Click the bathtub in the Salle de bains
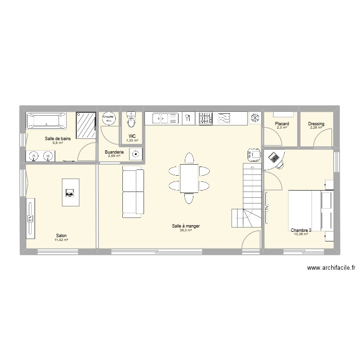tap(46, 120)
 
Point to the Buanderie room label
tap(114, 152)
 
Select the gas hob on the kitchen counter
tap(205, 118)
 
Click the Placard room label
tap(281, 124)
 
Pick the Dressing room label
tap(316, 124)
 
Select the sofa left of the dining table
tap(133, 191)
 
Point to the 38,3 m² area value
tap(186, 230)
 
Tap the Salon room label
tap(61, 235)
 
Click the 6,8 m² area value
tap(58, 143)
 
